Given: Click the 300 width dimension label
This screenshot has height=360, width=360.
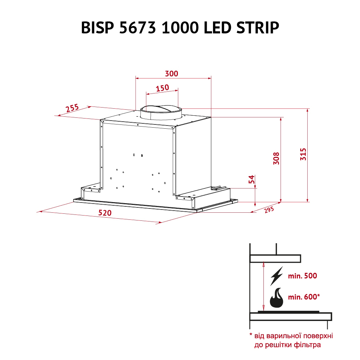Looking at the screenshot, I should click(x=172, y=74).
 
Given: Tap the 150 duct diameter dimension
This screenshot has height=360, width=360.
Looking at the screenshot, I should click(x=162, y=88).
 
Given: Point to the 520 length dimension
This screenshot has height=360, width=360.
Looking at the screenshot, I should click(x=104, y=213).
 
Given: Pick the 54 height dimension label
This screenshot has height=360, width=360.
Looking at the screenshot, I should click(x=251, y=180).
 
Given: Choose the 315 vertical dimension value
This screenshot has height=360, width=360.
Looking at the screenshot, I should click(x=303, y=155).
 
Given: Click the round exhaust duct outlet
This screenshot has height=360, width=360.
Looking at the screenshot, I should click(x=161, y=112).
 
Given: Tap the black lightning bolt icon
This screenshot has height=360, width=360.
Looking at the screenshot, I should click(x=276, y=276).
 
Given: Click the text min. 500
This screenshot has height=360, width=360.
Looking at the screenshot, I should click(x=302, y=276).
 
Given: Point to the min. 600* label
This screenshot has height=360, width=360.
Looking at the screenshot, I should click(x=304, y=297).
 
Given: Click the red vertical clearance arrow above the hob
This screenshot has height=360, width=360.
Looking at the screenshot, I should click(x=263, y=286).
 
